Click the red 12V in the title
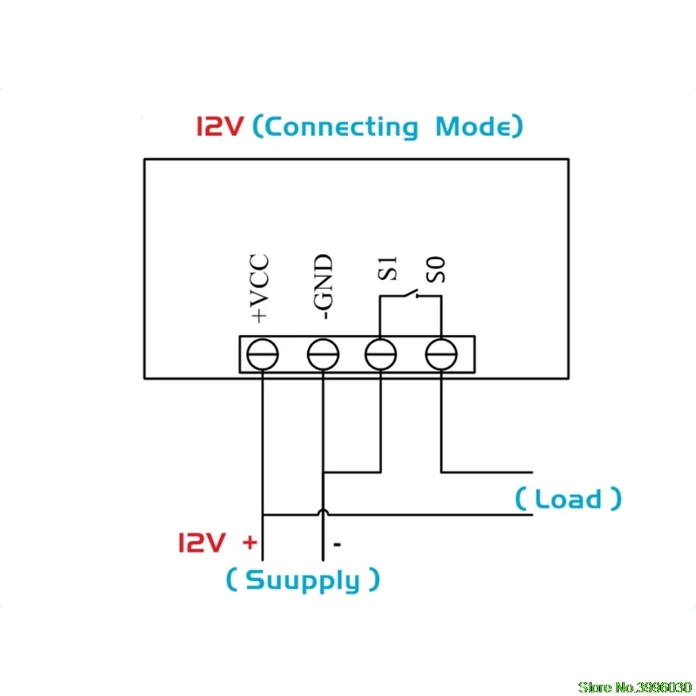point(220,126)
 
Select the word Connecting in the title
point(343,127)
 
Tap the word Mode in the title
point(473,126)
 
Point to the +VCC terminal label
point(259,288)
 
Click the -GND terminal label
point(323,287)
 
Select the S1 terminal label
point(387,269)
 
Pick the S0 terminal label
point(436,270)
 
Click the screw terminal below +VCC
point(263,354)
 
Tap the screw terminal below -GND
point(323,354)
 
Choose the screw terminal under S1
point(380,354)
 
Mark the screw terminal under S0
point(441,354)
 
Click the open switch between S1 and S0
point(411,293)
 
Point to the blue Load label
point(568,499)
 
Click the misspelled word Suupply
point(303,580)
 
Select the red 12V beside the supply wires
point(202,542)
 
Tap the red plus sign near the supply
point(250,542)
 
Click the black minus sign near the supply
point(338,545)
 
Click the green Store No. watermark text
point(635,687)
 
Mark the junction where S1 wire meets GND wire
point(323,472)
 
